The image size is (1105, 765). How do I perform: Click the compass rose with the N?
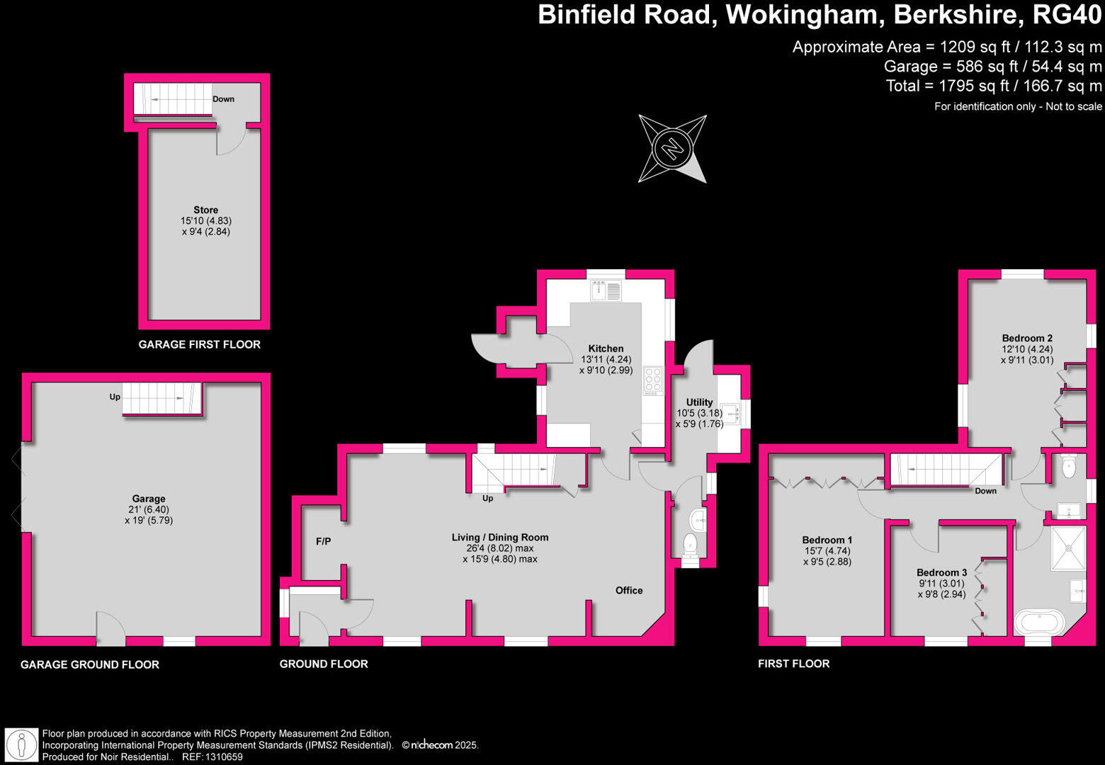coord(672,149)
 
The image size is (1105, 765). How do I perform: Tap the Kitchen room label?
coord(606,348)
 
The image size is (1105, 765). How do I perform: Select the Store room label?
coord(205,210)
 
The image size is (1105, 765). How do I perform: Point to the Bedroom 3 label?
coord(941,572)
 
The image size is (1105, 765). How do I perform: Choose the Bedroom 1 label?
coord(827,540)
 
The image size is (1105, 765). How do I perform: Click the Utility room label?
coord(699,402)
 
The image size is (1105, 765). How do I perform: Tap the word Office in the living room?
coord(629,590)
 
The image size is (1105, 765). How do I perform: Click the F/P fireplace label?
coord(323,541)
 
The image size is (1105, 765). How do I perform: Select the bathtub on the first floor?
coord(1039,623)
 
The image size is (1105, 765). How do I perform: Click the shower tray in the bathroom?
coord(1068,547)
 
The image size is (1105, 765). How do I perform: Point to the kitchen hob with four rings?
coord(653,380)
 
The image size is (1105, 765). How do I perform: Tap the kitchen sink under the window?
coord(606,290)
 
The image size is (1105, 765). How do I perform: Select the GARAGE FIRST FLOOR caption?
coord(199,344)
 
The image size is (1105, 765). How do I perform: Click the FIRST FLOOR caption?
coord(793,664)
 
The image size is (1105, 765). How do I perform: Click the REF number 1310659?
coord(224,756)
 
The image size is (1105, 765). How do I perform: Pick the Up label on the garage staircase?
coord(115,397)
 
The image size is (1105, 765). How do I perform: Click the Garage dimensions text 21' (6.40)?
coord(148,509)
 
